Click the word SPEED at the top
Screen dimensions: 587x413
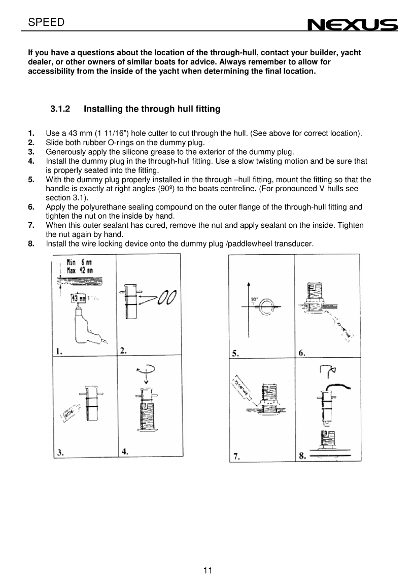click(46, 22)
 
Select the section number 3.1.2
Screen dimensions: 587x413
click(60, 109)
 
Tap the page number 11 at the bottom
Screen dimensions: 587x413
click(207, 570)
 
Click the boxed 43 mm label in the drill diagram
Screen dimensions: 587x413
click(78, 298)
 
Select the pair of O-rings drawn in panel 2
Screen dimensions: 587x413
click(167, 297)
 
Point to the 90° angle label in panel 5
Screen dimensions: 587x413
click(254, 299)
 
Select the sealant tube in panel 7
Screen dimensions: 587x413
click(244, 388)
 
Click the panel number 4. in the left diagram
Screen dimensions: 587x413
click(124, 451)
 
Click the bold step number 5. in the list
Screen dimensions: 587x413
click(31, 180)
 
